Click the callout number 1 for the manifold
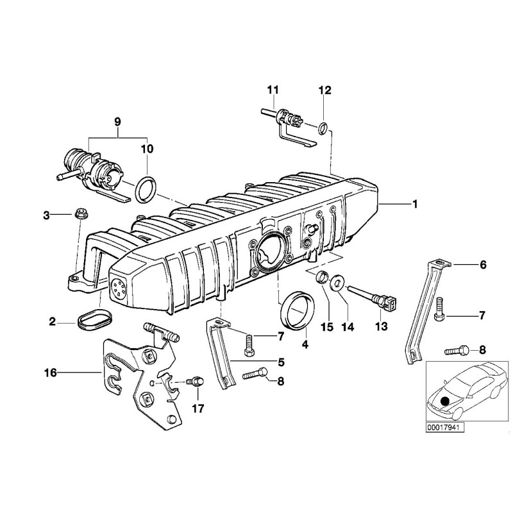[x=415, y=204]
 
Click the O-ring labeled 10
[x=147, y=189]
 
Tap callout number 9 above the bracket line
[x=117, y=121]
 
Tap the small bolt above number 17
[x=196, y=382]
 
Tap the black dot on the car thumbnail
[x=447, y=402]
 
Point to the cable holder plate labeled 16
[x=138, y=378]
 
